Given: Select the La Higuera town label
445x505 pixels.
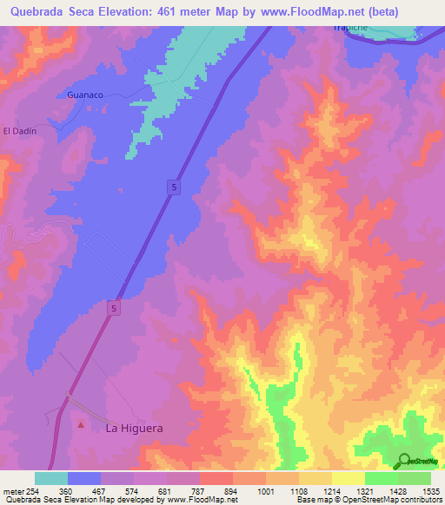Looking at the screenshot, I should pos(134,428).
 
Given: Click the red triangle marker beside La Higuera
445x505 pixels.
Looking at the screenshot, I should pos(82,425).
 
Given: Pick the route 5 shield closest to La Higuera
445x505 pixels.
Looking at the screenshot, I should pos(114,307).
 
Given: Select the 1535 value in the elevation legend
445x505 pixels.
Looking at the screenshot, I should pos(420,491).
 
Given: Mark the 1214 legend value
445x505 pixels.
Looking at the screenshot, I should pos(327,491).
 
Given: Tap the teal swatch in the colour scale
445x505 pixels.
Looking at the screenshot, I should pos(51,478).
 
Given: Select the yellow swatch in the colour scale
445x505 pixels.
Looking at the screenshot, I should pos(349,478).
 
